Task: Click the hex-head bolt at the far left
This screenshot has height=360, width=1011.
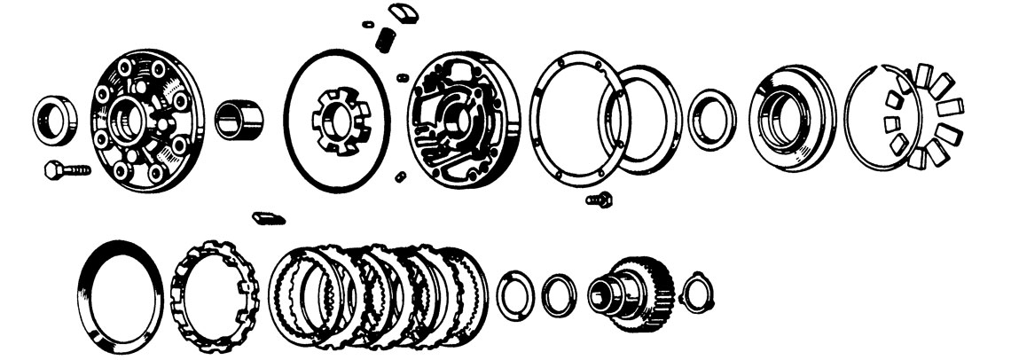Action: tap(67, 168)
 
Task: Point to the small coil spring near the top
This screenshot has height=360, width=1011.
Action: tap(386, 38)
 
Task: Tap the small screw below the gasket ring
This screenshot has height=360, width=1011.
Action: tap(600, 200)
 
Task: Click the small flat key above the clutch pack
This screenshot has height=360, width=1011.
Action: tap(267, 217)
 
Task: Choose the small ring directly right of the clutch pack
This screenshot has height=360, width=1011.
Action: tap(513, 295)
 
